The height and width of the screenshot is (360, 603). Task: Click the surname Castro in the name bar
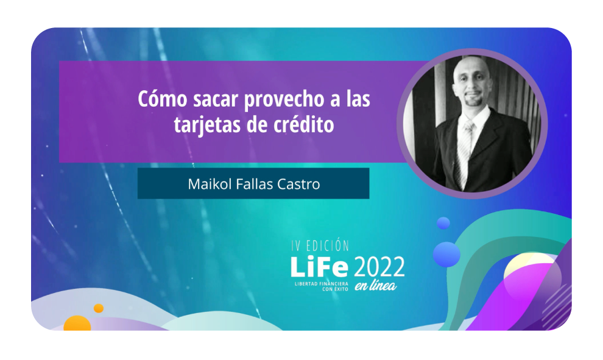point(298,184)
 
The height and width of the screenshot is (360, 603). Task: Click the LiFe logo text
point(319,267)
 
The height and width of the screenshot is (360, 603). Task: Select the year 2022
point(379,267)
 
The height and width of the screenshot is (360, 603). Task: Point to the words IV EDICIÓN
point(320,246)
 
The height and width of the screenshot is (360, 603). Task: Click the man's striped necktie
point(465,150)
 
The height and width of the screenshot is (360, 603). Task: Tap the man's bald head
point(472,68)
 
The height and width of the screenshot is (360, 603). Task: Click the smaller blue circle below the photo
point(443,223)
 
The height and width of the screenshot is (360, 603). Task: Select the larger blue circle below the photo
point(446,253)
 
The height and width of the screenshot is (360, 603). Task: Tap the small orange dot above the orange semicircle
point(99,308)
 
